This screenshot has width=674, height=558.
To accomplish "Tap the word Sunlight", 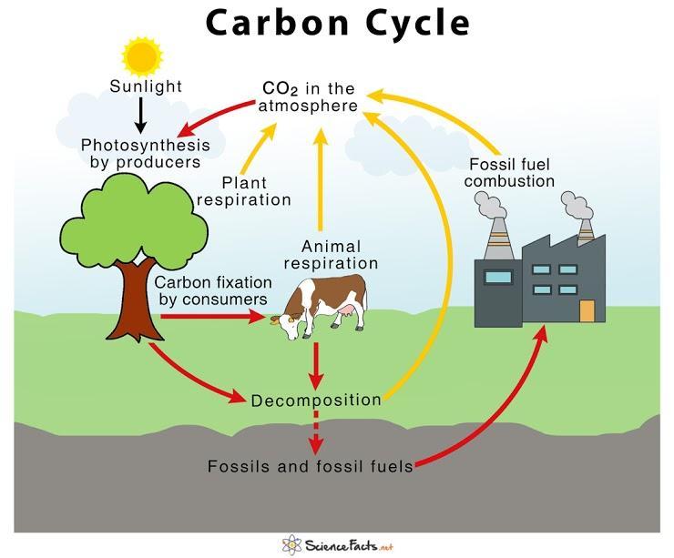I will coord(146,87).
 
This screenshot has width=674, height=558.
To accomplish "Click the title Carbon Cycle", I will coord(337,23).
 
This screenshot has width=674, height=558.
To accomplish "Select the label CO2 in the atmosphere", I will coord(308,97).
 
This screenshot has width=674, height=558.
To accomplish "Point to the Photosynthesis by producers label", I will coord(145,154).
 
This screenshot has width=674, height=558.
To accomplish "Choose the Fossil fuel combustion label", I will coord(512,173).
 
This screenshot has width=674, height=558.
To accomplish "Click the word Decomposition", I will coord(316,400).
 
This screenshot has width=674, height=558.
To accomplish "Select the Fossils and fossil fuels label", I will coord(311,467).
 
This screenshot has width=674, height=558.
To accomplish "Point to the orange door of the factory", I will coord(587,311).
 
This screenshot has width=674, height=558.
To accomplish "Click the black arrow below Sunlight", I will coord(141,114).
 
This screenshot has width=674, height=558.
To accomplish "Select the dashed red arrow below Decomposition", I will coord(316,433).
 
